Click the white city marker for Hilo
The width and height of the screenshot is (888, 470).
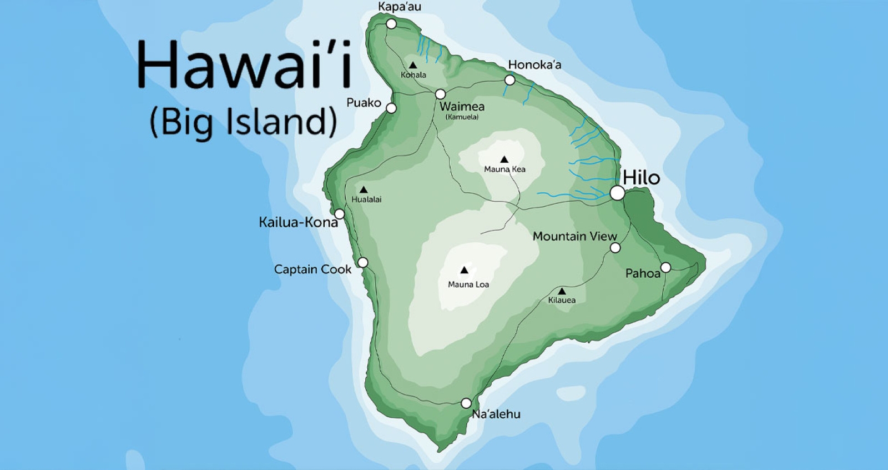617,193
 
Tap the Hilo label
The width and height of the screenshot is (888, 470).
641,178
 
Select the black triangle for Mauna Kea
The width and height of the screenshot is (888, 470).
504,159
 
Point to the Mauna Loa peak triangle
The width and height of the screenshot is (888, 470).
464,271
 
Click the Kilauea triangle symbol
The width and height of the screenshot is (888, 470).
562,291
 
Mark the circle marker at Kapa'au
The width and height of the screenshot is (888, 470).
391,24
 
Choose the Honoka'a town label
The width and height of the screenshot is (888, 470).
534,65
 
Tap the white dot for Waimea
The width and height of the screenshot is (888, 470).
440,94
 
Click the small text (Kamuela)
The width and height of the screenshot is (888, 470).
462,117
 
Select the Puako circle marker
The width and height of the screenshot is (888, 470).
391,108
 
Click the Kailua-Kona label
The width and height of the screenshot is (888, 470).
298,222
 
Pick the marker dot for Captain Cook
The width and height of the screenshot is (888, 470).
362,262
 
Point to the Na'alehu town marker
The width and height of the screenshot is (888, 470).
466,403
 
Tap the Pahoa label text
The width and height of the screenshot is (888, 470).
643,273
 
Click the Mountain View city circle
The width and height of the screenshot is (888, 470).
615,248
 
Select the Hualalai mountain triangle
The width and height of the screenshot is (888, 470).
363,190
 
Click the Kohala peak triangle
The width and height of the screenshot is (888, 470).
412,66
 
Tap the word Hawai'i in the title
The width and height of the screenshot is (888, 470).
244,65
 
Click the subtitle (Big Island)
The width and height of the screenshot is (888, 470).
243,121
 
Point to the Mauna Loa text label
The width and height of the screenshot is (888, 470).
468,284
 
